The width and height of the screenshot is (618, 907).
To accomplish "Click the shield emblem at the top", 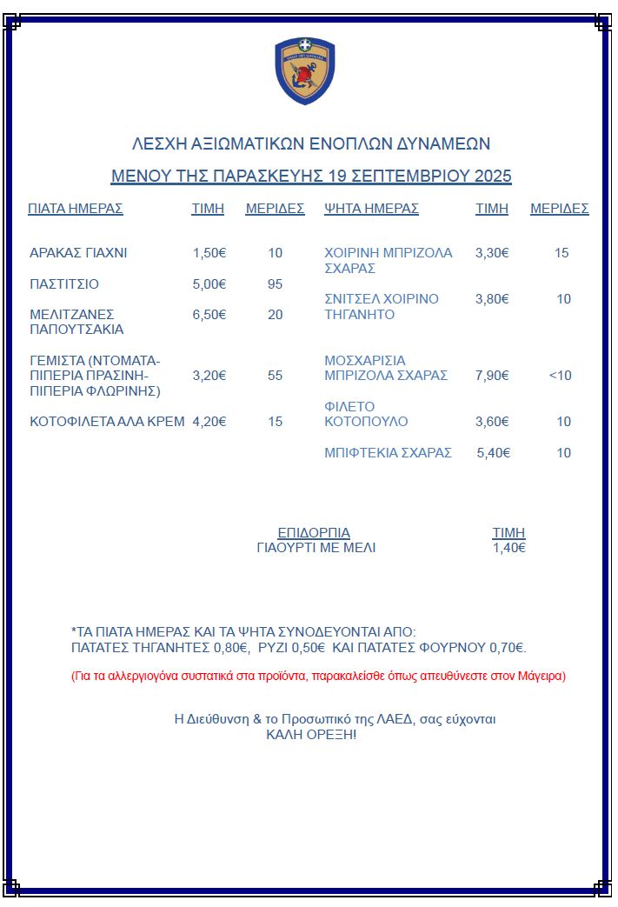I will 304,70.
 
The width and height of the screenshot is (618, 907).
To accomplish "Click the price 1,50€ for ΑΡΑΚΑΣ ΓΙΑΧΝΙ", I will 209,253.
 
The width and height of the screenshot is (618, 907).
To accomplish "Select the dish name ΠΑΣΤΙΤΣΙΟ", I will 64,284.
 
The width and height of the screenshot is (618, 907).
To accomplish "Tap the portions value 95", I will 276,284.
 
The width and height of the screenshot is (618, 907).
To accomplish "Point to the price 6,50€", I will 209,315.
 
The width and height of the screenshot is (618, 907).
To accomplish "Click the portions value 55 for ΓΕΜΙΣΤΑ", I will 276,376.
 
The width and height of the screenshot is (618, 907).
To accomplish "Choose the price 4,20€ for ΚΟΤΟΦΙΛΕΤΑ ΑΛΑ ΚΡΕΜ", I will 209,422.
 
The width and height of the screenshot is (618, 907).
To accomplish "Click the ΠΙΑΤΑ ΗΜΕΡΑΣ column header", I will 76,209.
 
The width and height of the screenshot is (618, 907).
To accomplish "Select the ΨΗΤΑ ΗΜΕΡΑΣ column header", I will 371,209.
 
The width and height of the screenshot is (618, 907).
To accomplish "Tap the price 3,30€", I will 492,253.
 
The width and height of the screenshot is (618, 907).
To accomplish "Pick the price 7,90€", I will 492,376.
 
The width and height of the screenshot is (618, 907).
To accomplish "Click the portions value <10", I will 561,376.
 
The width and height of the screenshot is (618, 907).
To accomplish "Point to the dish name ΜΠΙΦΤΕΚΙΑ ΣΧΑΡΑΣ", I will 388,453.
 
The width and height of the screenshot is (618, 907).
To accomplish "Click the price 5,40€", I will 494,453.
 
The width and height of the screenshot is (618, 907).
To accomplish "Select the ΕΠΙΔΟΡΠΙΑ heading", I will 314,533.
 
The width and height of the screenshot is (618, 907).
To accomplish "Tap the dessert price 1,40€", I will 509,548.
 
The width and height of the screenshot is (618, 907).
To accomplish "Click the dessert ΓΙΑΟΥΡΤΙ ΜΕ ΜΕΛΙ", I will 316,548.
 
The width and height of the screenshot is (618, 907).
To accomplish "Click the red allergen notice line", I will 318,676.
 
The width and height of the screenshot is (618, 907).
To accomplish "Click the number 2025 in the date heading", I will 493,176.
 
